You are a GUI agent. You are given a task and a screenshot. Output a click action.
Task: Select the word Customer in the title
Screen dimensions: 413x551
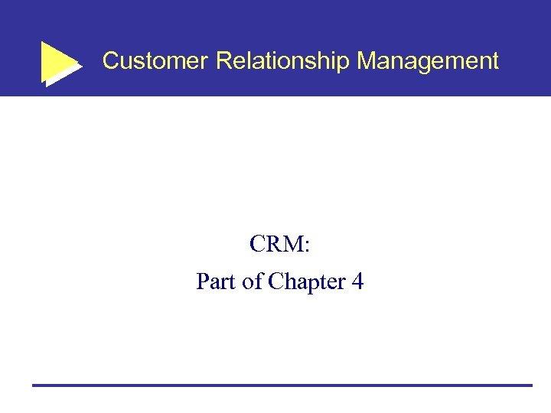pyautogui.click(x=155, y=61)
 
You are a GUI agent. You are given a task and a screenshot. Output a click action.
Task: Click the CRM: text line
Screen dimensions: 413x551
pyautogui.click(x=279, y=245)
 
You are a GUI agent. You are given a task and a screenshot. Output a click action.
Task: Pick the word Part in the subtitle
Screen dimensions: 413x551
pyautogui.click(x=217, y=282)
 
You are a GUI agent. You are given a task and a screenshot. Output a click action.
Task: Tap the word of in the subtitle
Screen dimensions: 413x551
pyautogui.click(x=253, y=282)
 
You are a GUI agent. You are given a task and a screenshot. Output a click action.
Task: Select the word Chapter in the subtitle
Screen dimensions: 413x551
pyautogui.click(x=305, y=282)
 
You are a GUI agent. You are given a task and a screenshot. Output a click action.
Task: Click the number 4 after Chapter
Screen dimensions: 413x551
pyautogui.click(x=357, y=282)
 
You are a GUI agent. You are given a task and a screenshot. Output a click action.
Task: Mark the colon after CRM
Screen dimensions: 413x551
pyautogui.click(x=306, y=248)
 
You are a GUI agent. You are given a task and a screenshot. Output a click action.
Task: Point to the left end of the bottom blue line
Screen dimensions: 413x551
pyautogui.click(x=34, y=385)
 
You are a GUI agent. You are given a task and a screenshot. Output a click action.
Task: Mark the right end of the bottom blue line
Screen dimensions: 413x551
pyautogui.click(x=530, y=385)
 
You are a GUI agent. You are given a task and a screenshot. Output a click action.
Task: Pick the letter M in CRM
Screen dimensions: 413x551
pyautogui.click(x=294, y=245)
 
